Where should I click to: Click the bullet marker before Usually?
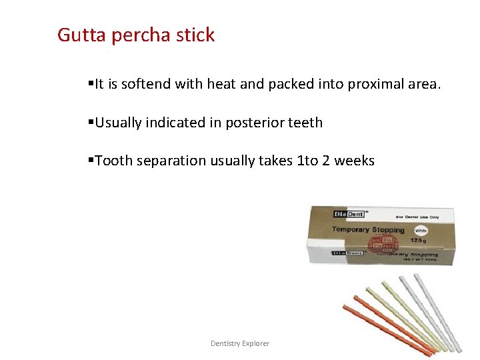point(91,123)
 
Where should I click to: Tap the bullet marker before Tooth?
point(91,161)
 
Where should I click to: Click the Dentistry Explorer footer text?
point(240,343)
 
